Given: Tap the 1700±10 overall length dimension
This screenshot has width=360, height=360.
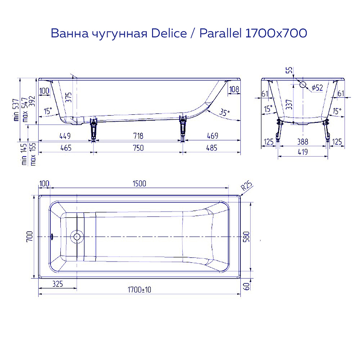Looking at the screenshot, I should click(139, 290).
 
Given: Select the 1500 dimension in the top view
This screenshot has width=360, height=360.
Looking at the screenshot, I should click(139, 183).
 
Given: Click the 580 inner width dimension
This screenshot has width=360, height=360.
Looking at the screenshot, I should click(246, 237).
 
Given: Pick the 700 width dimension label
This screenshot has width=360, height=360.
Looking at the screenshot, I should click(29, 237).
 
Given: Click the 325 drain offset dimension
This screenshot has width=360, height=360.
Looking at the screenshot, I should click(58, 284).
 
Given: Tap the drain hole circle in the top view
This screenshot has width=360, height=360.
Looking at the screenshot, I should click(77, 237).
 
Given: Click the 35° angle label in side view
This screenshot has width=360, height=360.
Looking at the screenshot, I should click(224, 112).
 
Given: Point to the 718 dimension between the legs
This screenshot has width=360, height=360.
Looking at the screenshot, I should click(138, 135).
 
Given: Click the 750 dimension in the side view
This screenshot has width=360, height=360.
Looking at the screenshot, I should click(138, 148).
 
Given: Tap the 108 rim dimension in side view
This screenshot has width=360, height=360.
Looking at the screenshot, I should click(234, 90).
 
